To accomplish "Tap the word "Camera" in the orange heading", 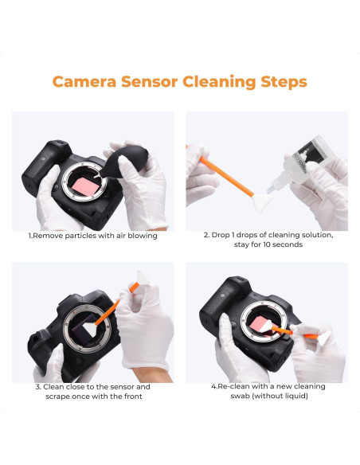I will pyautogui.click(x=88, y=81).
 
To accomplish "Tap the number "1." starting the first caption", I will pyautogui.click(x=32, y=236).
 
